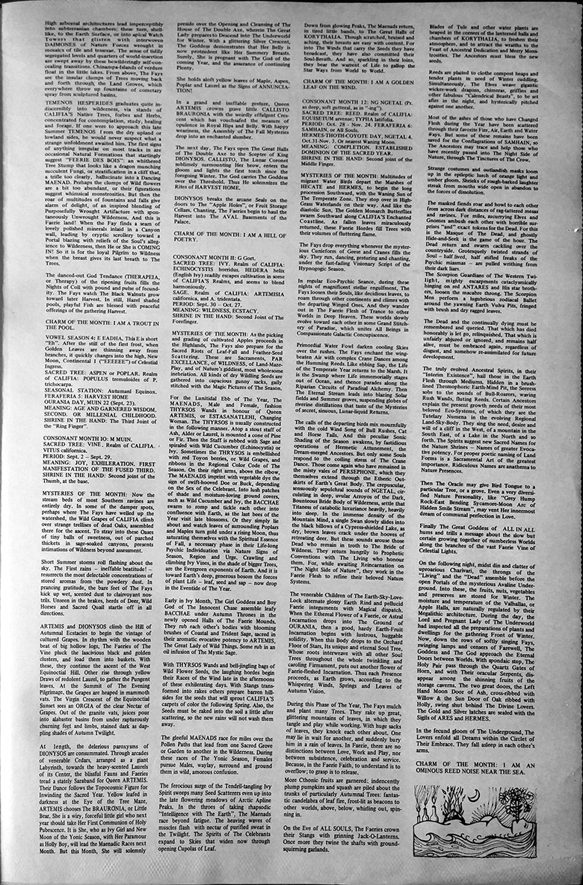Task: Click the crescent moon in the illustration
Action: click(x=475, y=795)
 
